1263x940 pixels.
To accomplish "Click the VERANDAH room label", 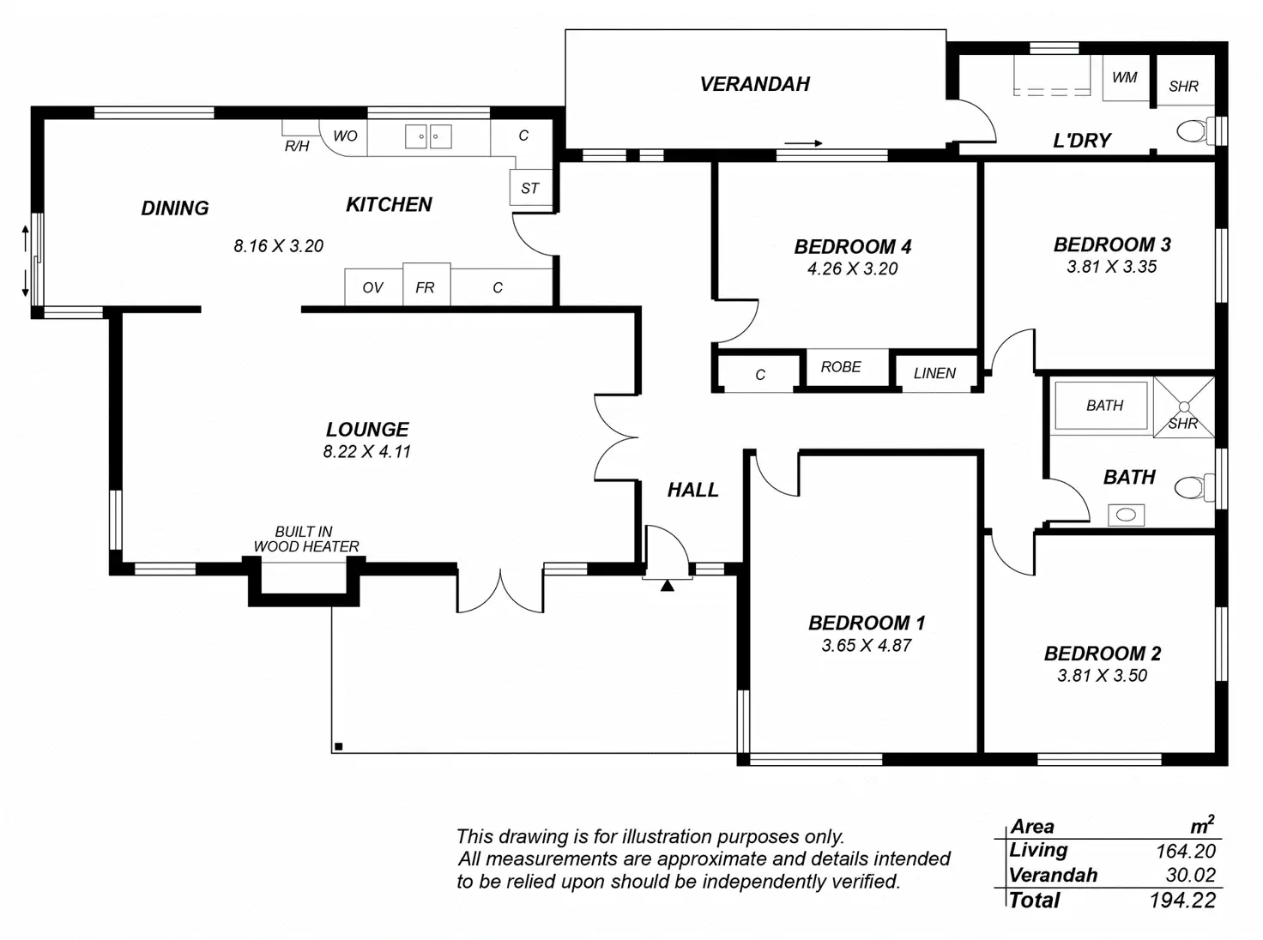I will click(x=755, y=84).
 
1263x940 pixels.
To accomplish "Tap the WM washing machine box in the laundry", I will click(x=1125, y=78).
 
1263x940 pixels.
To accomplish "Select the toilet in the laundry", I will click(x=1193, y=131).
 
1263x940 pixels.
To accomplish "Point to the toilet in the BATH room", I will click(x=1191, y=487).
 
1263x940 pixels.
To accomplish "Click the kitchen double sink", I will click(x=428, y=136).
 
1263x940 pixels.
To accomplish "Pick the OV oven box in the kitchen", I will click(x=372, y=287).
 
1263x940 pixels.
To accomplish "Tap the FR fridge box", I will click(x=426, y=287).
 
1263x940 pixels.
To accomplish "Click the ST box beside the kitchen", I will click(x=530, y=189).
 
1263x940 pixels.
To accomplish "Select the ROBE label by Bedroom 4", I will click(x=841, y=367).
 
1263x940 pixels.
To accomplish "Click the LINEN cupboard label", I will click(x=934, y=374).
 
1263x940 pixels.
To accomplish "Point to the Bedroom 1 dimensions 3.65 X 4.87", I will click(x=867, y=646).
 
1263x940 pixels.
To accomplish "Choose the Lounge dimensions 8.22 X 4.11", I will click(x=367, y=452).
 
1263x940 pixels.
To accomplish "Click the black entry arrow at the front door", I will click(x=667, y=586).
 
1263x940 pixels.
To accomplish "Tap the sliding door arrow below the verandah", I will click(x=804, y=143).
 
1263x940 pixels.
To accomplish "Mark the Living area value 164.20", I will click(x=1185, y=851).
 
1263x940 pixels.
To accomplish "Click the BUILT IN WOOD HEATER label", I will click(x=305, y=539).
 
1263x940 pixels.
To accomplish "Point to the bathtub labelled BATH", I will click(x=1103, y=406).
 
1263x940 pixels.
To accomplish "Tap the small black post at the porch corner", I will click(x=339, y=746).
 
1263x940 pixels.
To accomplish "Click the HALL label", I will click(x=693, y=490).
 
